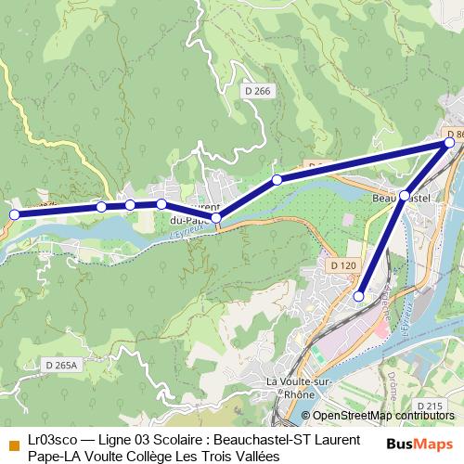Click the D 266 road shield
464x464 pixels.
(259, 90)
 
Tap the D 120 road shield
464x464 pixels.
(342, 265)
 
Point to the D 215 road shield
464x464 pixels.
(429, 406)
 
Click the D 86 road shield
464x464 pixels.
(455, 135)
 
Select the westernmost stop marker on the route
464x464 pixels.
(14, 214)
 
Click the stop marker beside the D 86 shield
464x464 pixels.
(450, 144)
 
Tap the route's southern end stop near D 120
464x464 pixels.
(359, 296)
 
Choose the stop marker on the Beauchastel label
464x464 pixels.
(405, 196)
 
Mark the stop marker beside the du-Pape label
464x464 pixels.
(216, 218)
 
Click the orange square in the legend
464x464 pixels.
(13, 440)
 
